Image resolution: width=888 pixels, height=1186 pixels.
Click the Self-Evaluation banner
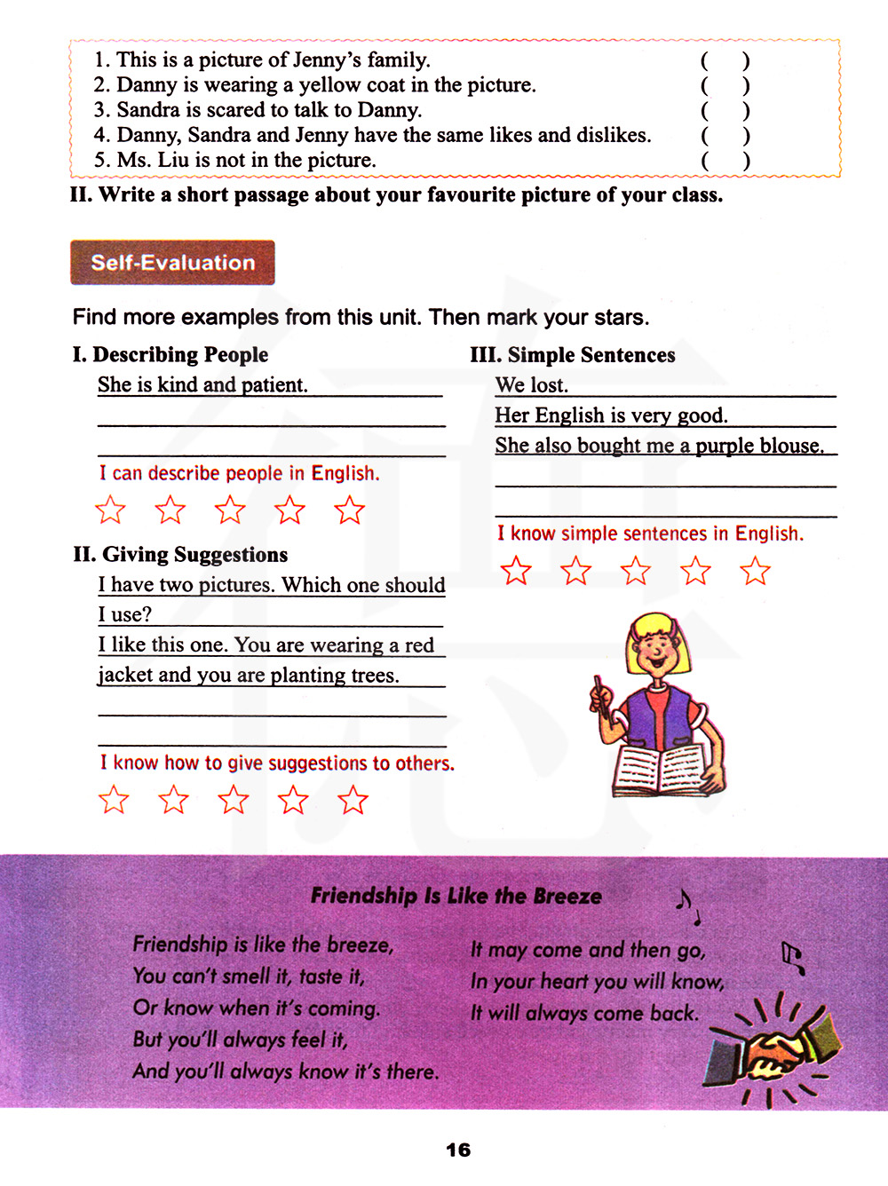point(172,263)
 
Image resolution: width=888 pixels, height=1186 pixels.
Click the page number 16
point(458,1150)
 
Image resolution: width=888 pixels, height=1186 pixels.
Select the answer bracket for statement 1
point(725,61)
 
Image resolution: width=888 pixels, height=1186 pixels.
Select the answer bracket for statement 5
point(725,161)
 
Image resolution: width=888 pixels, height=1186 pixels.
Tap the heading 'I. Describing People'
point(170,355)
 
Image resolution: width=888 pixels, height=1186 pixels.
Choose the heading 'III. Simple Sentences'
point(572,355)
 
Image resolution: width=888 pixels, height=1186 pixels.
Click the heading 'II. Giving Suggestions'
point(180,555)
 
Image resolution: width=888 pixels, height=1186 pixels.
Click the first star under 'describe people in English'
point(110,510)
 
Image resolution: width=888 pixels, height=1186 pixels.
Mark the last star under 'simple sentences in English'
point(756,571)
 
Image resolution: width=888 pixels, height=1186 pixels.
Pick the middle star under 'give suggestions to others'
point(234,800)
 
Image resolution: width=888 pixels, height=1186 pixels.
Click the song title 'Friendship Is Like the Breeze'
point(456,897)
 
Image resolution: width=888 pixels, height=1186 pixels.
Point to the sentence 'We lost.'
point(531,385)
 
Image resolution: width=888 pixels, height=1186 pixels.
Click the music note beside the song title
point(685,903)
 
